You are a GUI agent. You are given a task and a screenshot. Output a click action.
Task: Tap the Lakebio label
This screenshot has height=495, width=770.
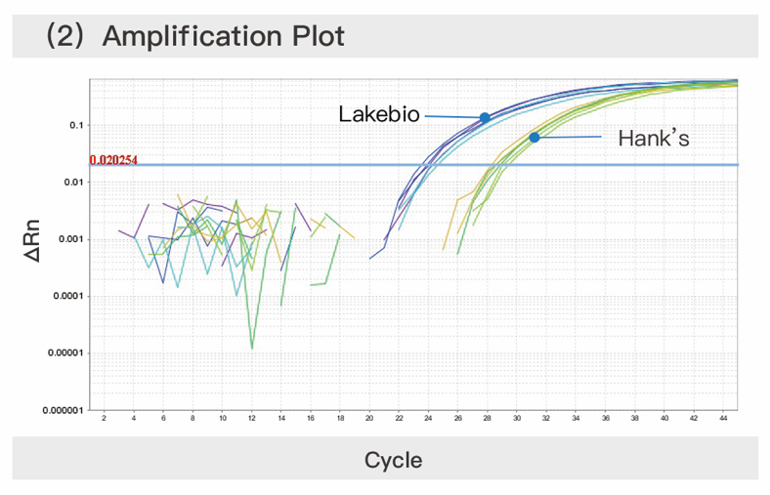(379, 114)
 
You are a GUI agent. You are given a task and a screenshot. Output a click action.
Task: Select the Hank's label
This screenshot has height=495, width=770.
(654, 138)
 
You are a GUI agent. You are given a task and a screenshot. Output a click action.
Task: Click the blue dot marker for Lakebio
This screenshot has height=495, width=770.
(484, 118)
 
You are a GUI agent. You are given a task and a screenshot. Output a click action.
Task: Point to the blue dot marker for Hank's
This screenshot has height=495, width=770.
(535, 138)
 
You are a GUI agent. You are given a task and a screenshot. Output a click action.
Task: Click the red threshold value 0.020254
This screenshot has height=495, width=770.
(114, 159)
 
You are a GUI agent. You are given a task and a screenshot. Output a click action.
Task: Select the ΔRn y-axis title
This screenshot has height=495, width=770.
(33, 240)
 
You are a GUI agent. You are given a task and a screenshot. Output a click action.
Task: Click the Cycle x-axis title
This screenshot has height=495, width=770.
(393, 460)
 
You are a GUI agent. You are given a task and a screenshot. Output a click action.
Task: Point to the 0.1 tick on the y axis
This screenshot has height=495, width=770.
(76, 126)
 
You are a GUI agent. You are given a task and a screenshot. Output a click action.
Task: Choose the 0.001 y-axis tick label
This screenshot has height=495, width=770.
(71, 239)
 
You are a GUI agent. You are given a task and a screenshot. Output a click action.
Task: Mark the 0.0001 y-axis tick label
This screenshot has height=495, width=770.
(68, 296)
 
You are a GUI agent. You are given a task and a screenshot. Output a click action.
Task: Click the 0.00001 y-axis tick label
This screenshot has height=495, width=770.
(65, 352)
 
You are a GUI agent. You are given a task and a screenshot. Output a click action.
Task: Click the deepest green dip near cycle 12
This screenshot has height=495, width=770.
(252, 348)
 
